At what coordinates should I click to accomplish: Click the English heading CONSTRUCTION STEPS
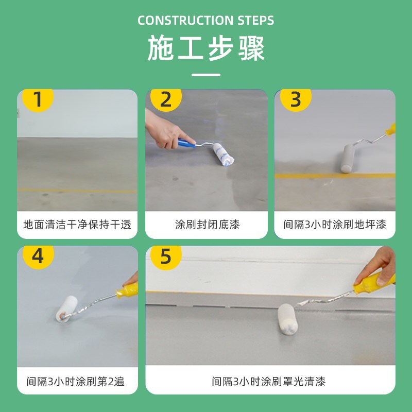(206, 21)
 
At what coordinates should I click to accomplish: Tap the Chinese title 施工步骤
(206, 49)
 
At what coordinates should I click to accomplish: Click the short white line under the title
(206, 75)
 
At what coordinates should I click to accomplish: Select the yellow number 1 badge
(37, 99)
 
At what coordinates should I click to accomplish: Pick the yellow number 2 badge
(165, 99)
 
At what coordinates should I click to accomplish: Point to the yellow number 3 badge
(295, 99)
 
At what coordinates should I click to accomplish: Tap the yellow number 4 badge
(37, 256)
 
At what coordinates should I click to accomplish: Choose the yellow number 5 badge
(165, 256)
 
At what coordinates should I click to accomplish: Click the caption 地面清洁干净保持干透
(77, 225)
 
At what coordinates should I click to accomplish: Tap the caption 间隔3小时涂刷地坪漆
(335, 225)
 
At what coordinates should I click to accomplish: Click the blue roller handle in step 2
(186, 143)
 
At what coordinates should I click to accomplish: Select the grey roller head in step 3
(348, 158)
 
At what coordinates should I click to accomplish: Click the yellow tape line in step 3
(335, 176)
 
